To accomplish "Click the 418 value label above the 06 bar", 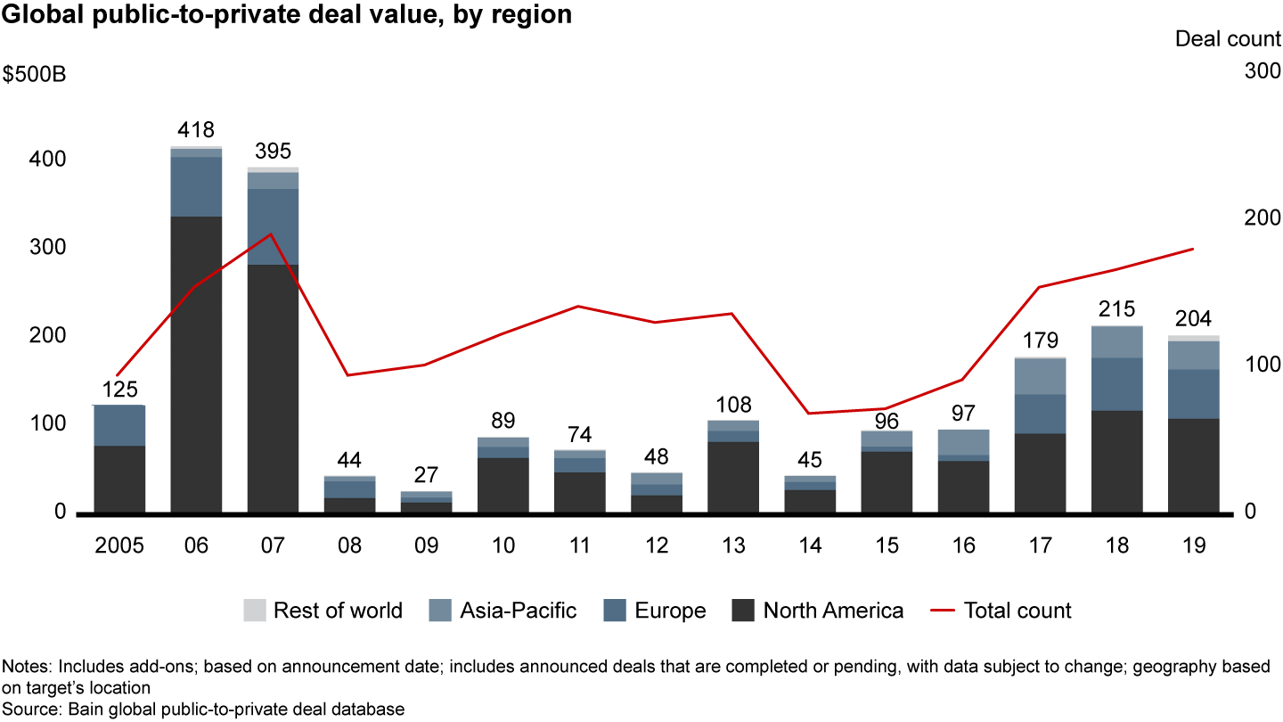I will (x=196, y=130).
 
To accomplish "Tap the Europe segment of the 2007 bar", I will (x=273, y=226).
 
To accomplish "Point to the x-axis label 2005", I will (x=119, y=546).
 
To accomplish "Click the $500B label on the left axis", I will (x=35, y=74).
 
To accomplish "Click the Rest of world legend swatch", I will (x=254, y=611).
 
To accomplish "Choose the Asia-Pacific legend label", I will (x=518, y=611).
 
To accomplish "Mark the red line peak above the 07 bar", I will (x=272, y=234).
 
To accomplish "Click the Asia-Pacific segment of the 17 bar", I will (x=1040, y=375).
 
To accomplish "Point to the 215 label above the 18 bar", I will (x=1117, y=310).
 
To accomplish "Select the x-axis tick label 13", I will (x=733, y=546).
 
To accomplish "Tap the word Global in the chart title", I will (x=38, y=14).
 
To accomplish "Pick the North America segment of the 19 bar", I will (x=1193, y=464).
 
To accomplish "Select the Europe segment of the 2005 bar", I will (x=119, y=425).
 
